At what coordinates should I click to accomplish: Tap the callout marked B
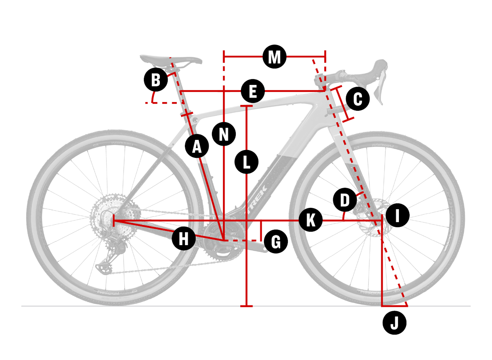(x=156, y=80)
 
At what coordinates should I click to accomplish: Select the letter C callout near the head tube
(x=358, y=99)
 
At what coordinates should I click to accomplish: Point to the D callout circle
(x=345, y=201)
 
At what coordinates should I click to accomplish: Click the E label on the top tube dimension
(x=253, y=91)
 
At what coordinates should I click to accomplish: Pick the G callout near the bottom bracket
(x=276, y=242)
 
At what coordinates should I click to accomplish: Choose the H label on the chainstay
(x=184, y=238)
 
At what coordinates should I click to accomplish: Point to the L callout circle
(x=246, y=162)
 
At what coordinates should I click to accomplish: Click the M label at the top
(x=274, y=57)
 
